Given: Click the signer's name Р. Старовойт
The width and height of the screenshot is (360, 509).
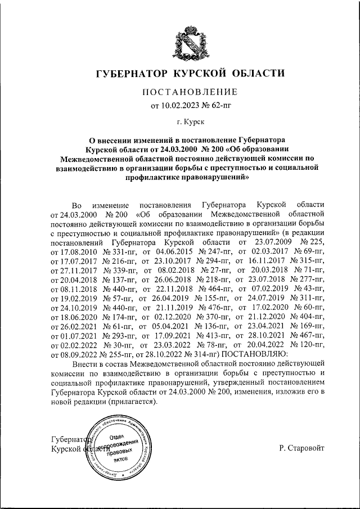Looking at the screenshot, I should (301, 448).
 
